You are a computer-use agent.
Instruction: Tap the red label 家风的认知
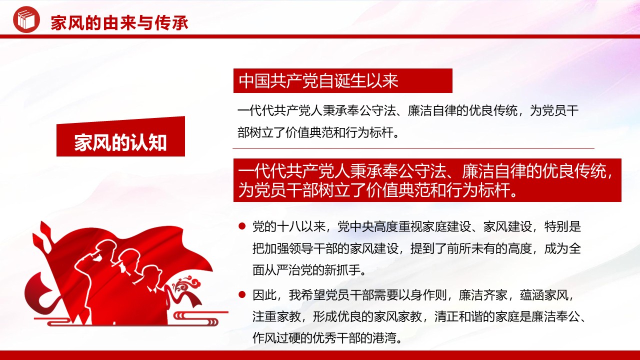coord(120,142)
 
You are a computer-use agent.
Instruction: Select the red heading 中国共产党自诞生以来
coord(318,81)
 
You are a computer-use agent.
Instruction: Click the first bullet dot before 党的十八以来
coord(242,226)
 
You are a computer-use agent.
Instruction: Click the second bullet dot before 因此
coord(242,294)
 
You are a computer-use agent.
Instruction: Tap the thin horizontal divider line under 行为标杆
coord(413,148)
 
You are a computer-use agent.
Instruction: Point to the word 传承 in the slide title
coord(171,23)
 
